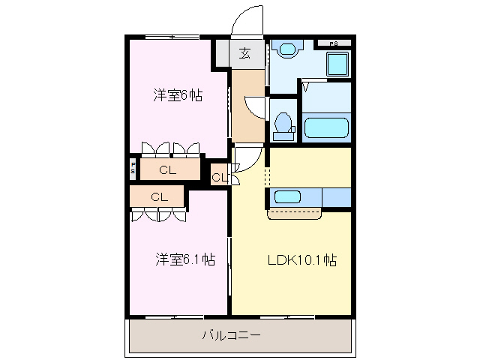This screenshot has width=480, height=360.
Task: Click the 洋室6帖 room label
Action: [x=178, y=95]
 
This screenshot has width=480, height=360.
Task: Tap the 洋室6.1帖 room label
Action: [x=185, y=259]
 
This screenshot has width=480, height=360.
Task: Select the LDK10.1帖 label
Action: [x=301, y=260]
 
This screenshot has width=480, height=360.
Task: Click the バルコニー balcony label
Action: [x=231, y=335]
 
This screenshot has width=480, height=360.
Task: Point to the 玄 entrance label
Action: [x=244, y=53]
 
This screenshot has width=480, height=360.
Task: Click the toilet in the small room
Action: [x=283, y=124]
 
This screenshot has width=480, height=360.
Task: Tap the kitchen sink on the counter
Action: [x=286, y=197]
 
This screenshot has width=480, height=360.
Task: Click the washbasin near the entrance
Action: [x=286, y=50]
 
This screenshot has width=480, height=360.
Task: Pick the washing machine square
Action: [x=338, y=64]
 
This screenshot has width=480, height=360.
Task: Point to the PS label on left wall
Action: [x=133, y=168]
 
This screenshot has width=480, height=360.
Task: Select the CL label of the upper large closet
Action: [x=167, y=170]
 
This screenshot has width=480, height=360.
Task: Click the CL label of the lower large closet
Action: [x=158, y=196]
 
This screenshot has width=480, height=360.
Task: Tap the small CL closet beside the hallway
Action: [x=219, y=177]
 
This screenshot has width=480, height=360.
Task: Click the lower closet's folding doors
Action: [x=158, y=214]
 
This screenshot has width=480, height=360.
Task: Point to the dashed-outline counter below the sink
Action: [x=295, y=214]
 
